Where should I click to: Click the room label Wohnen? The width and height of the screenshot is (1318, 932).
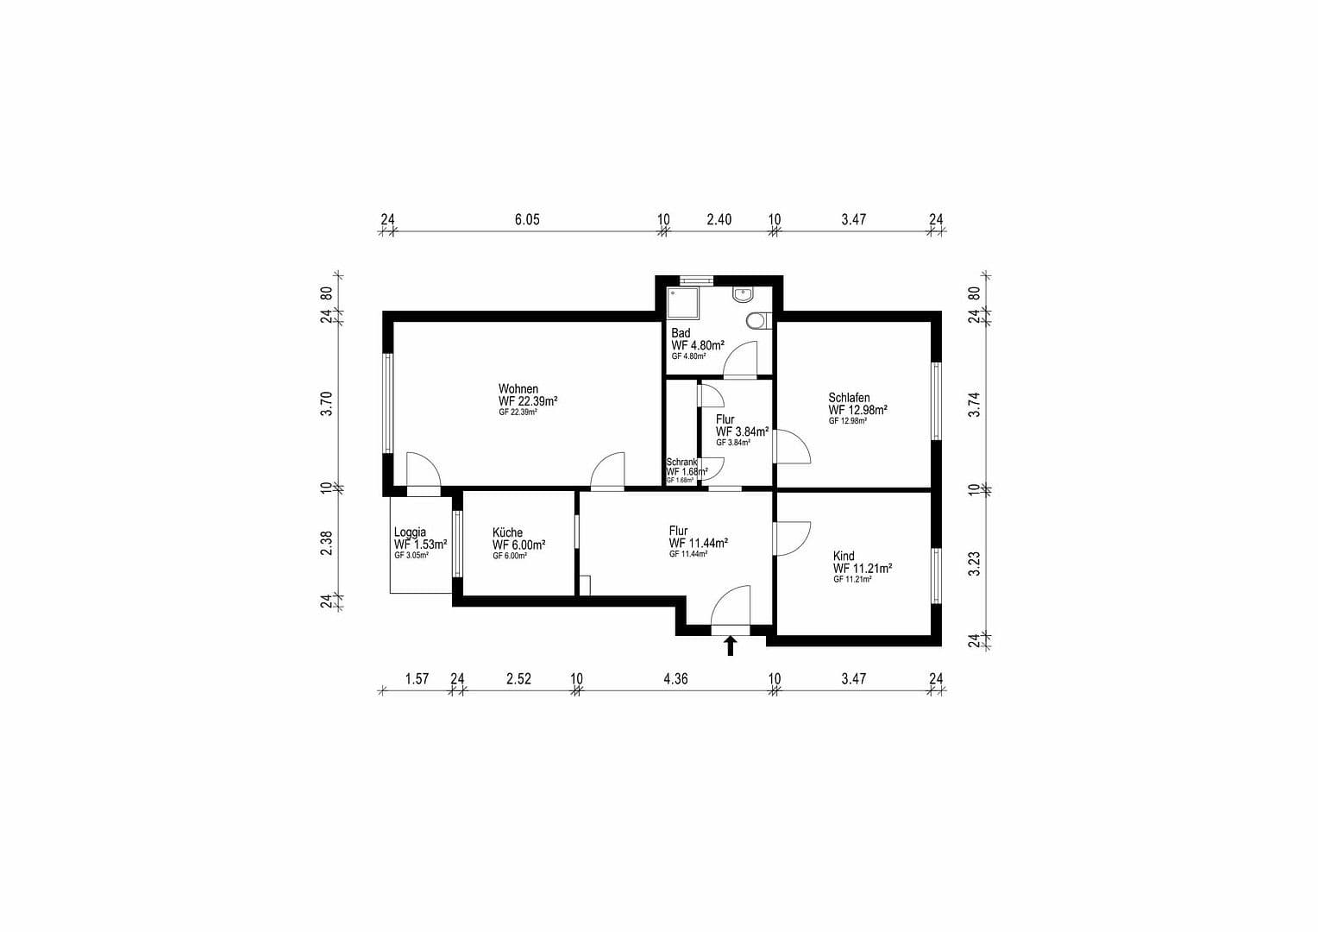coord(518,389)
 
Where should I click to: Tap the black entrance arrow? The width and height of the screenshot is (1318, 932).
coord(731,645)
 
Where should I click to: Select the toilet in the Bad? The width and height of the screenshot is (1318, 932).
coord(756,321)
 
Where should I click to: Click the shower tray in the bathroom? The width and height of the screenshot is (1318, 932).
coord(685,301)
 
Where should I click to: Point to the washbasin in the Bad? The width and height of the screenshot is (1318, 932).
coord(743,294)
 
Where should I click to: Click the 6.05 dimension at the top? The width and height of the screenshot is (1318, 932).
coord(527,220)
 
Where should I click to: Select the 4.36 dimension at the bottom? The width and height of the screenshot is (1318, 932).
coord(675,679)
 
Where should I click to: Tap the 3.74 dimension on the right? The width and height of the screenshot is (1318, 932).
coord(975,405)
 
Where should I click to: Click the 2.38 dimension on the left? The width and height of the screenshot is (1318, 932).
coord(326,543)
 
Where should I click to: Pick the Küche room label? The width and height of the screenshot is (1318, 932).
coord(507,532)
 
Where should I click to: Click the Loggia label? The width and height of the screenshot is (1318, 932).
coord(410,532)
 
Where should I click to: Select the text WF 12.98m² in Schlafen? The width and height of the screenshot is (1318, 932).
coord(858,410)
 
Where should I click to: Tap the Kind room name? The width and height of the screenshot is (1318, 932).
coord(844,556)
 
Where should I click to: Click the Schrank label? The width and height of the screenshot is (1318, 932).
coord(681,462)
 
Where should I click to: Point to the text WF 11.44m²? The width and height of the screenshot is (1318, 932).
coord(698,543)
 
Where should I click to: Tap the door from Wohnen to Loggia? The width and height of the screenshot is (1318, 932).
coord(423,471)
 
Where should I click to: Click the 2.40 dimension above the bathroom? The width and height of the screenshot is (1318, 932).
coord(719,220)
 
